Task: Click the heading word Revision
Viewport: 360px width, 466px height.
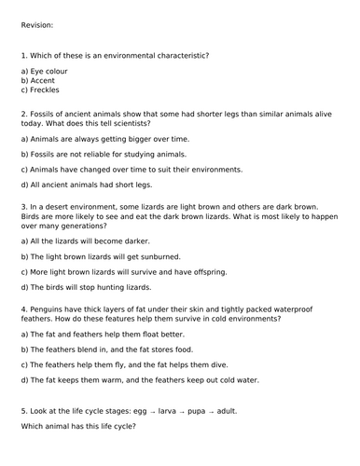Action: (36, 25)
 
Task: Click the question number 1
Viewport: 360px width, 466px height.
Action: (23, 56)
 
